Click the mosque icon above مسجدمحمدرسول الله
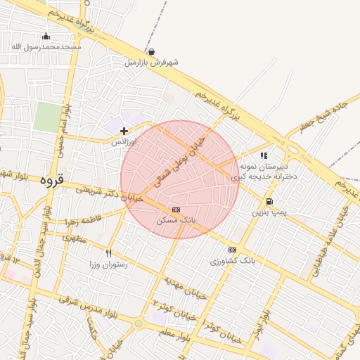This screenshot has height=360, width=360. coord(46,37)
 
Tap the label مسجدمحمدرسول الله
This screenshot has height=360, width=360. coord(46,47)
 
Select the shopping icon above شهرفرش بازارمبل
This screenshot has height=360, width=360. coord(152,52)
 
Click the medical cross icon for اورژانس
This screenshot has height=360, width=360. coord(124,131)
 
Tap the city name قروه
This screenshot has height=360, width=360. coord(51,179)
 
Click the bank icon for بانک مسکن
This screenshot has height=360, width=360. coord(176,210)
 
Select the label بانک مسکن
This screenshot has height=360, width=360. coord(179,220)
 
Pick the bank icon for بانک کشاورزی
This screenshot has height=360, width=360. coord(232,250)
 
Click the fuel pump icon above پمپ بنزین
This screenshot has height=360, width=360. coord(270,201)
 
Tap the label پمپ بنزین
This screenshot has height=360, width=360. coord(271,212)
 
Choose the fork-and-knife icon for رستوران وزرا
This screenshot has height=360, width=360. coord(108,253)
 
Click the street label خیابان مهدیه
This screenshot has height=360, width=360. coord(186,288)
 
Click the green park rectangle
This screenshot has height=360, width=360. coord(48,117)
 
